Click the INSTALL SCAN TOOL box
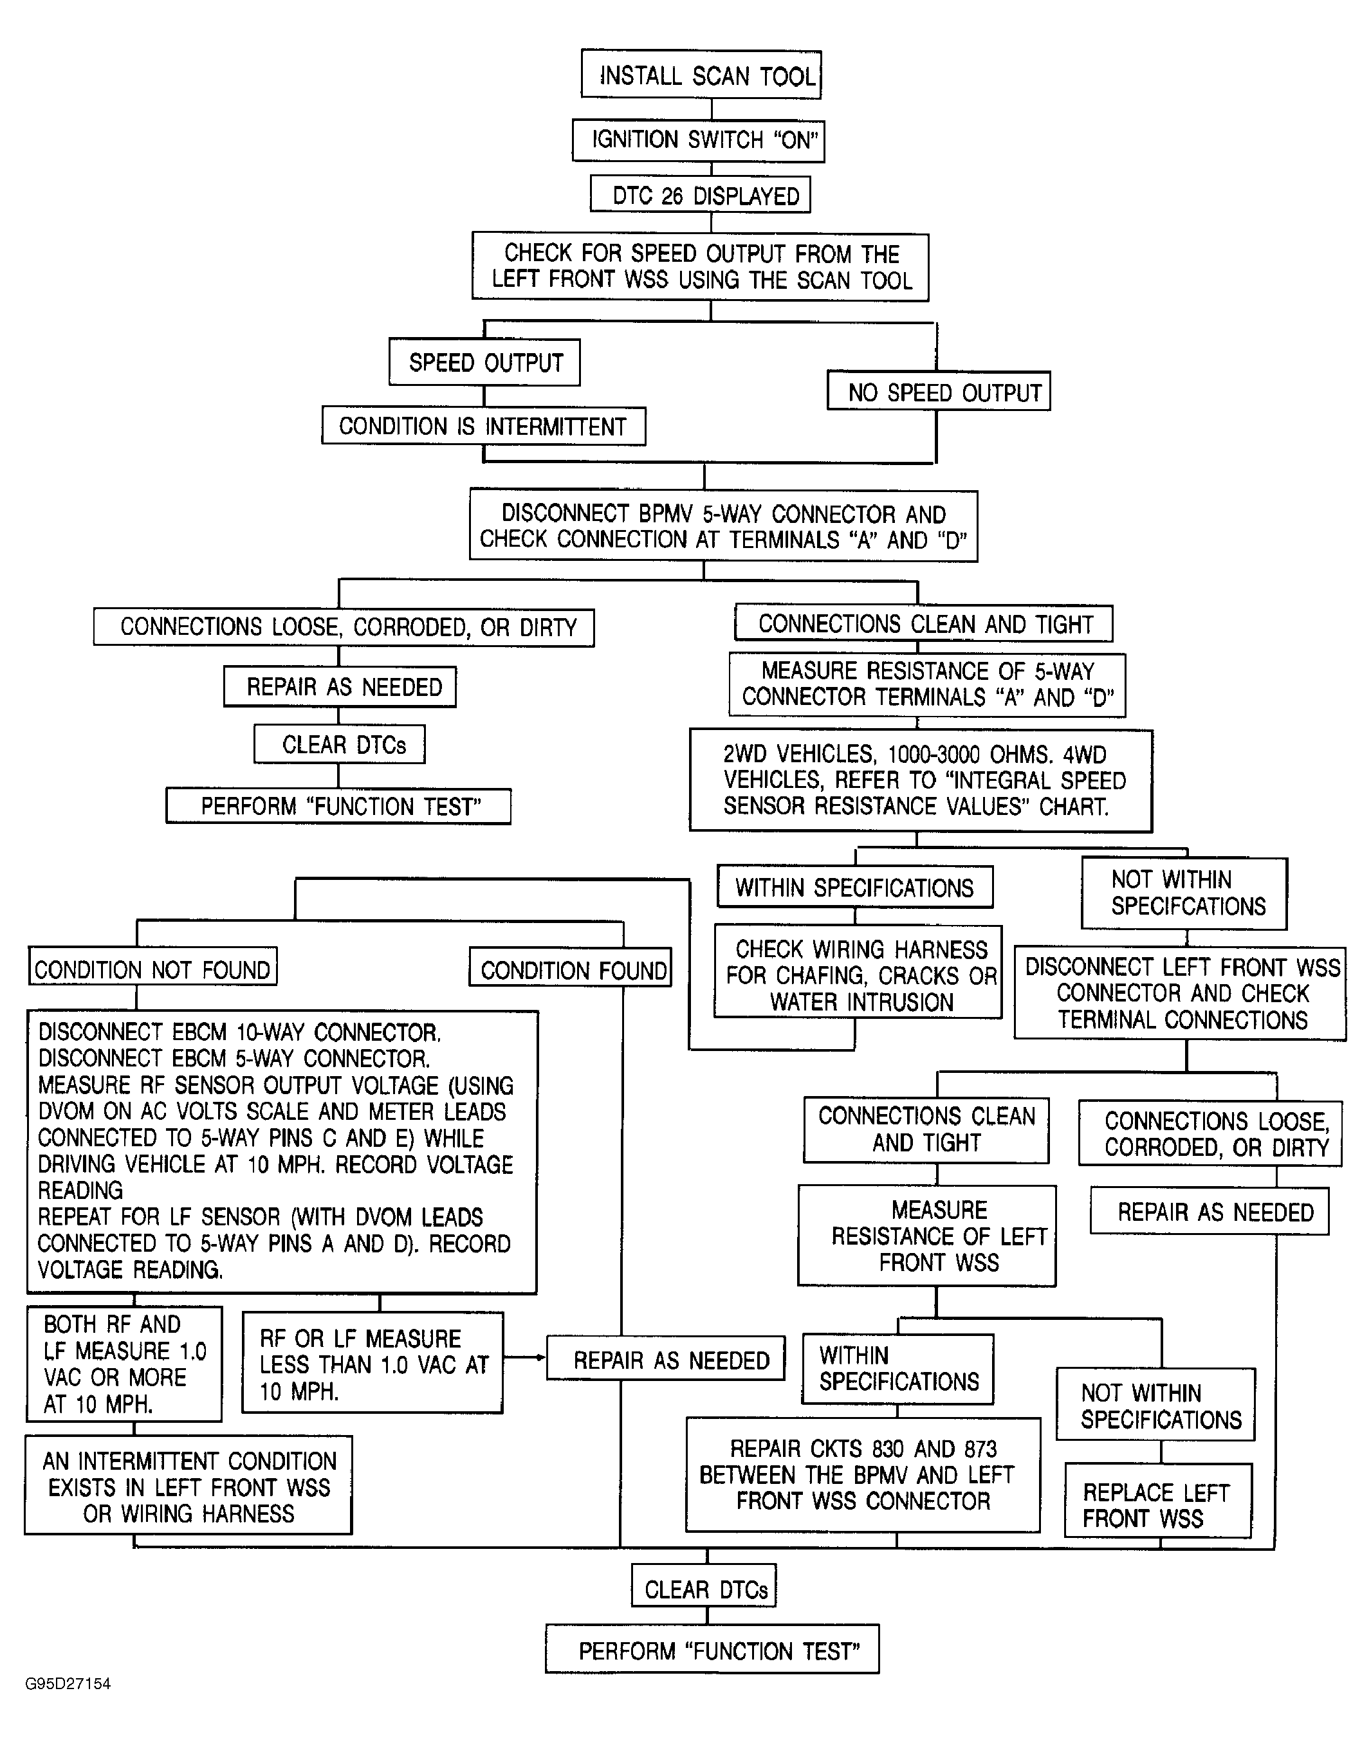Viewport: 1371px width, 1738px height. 701,75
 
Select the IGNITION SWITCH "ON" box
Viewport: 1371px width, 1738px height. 698,140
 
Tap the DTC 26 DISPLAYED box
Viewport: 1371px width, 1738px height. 700,194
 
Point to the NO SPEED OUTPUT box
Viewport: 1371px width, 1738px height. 939,391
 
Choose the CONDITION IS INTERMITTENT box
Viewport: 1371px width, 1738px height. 483,425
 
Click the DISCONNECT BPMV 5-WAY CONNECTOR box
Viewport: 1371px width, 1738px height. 723,526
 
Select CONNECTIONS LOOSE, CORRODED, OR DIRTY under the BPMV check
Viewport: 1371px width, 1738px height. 344,627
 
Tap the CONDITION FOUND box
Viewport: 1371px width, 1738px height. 570,967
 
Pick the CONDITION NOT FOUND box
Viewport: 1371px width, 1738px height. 152,966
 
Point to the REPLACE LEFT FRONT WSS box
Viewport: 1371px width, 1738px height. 1157,1500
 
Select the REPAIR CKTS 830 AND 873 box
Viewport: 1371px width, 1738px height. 863,1475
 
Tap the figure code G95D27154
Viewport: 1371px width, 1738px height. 68,1683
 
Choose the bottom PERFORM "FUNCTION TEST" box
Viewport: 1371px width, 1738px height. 712,1649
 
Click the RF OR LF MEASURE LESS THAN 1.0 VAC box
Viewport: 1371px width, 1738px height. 373,1362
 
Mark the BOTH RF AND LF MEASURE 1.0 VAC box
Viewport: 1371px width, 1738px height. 124,1363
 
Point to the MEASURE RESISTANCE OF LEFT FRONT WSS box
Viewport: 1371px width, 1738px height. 926,1236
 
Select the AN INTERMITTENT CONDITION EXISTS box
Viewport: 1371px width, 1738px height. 188,1485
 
